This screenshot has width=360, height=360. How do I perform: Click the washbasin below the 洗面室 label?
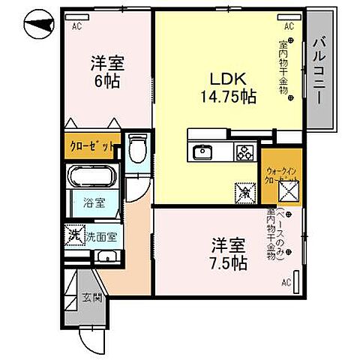[107, 257]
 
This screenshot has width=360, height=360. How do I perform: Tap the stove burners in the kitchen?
[244, 153]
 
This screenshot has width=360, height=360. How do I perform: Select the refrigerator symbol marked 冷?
[244, 191]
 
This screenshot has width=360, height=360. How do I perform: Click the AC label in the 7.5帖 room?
[286, 283]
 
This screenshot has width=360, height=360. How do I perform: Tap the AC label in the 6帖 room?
[76, 25]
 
